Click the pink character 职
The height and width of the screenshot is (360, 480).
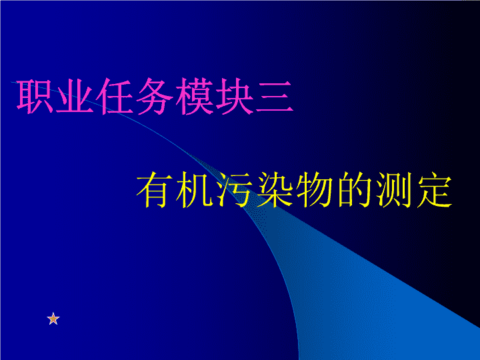[x=34, y=97]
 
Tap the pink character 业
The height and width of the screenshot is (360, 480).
[x=75, y=97]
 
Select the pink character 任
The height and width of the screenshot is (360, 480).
[x=114, y=97]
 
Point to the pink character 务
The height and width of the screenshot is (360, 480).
[x=154, y=97]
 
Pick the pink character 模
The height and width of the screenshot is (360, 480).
[x=194, y=97]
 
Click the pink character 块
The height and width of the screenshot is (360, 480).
[x=234, y=97]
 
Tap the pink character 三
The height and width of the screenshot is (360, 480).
[x=274, y=97]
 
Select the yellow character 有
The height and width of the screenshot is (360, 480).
[x=154, y=189]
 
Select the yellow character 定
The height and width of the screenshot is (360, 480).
[x=435, y=189]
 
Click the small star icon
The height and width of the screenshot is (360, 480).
[x=53, y=319]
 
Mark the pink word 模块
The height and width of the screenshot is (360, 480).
[x=214, y=97]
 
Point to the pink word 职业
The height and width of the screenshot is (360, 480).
[x=55, y=97]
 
